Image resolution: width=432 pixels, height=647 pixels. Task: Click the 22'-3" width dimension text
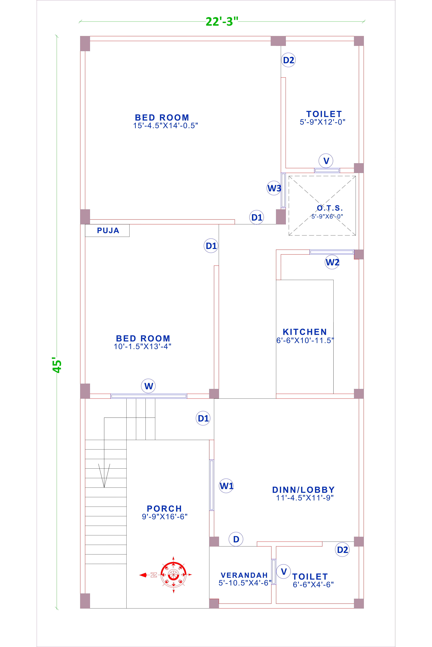[x=222, y=21]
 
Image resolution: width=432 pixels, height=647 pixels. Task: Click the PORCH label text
[x=165, y=509]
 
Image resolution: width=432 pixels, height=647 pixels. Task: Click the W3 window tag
[x=274, y=188]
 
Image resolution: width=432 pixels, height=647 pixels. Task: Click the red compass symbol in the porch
[x=173, y=575]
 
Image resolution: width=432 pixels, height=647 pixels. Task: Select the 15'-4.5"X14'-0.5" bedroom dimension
[x=166, y=126]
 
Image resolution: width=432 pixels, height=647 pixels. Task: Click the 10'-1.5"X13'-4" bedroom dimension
[x=142, y=347]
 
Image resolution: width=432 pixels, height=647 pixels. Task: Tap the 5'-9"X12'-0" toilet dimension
[x=322, y=122]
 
